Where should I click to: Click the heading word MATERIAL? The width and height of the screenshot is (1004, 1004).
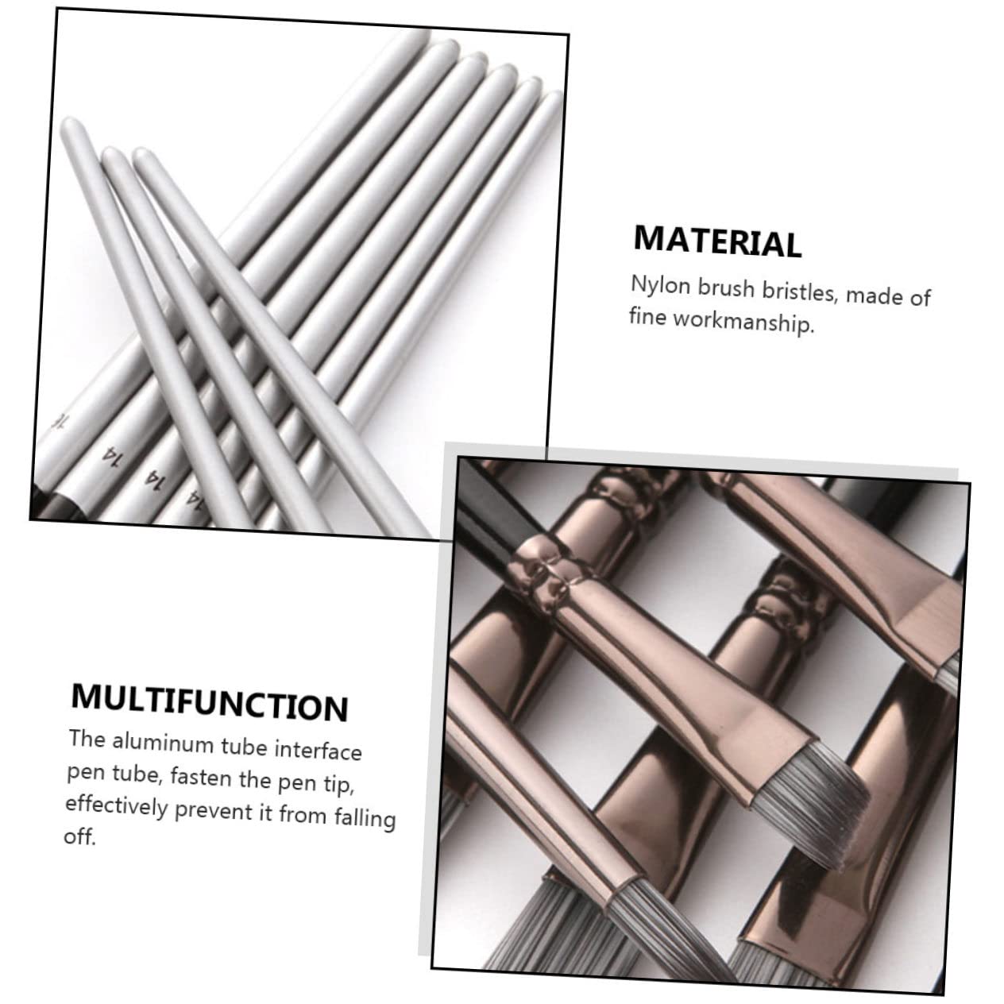(x=717, y=241)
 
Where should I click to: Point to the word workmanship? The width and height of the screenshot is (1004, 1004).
(x=743, y=322)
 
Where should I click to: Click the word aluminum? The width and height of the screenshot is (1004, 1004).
(x=164, y=743)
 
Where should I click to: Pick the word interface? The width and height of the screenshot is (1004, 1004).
(x=318, y=751)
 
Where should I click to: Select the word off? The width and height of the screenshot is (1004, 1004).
(x=79, y=837)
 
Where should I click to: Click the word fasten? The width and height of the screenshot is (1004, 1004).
(x=201, y=778)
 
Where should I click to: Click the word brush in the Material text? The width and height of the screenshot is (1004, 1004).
(x=726, y=288)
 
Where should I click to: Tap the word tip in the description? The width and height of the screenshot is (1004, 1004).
(x=338, y=785)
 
